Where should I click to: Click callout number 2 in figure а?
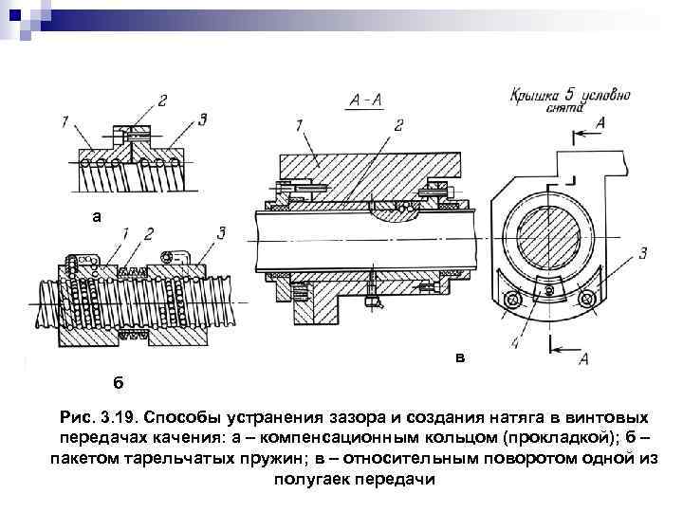(x=162, y=101)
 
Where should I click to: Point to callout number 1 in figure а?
(x=64, y=120)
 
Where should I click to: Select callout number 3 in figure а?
(x=203, y=119)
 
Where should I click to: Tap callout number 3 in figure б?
(x=221, y=232)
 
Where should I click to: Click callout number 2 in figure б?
(x=149, y=232)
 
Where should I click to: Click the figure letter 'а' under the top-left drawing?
(x=95, y=216)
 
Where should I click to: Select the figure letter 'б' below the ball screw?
(x=118, y=382)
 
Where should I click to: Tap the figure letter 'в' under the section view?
(x=460, y=357)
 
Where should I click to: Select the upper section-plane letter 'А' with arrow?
(x=600, y=123)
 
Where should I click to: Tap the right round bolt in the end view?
(x=589, y=300)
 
